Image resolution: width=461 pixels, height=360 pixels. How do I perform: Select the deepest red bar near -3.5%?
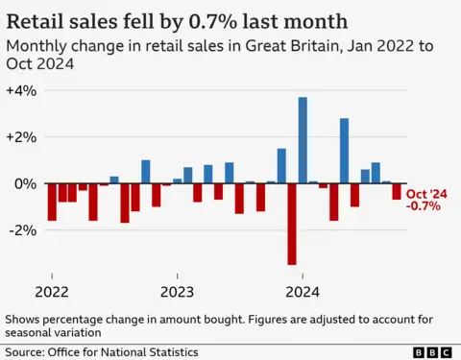coord(292,223)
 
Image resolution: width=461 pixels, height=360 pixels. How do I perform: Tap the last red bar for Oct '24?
coord(396,191)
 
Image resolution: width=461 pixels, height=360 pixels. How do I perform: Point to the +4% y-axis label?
coord(21,90)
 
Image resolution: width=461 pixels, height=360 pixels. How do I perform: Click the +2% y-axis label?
coord(21,137)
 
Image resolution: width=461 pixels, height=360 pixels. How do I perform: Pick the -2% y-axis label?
coord(22,230)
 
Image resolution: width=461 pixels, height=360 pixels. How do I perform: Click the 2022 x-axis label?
coord(52,291)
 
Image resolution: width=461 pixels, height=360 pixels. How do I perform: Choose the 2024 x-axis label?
coord(303,291)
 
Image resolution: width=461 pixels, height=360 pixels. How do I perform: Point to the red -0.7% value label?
coord(424,205)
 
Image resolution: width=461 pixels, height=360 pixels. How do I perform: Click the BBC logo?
coord(432,352)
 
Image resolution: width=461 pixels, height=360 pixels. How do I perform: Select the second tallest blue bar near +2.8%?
coord(344,151)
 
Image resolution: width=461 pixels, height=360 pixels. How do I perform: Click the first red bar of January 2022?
coord(52,202)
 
